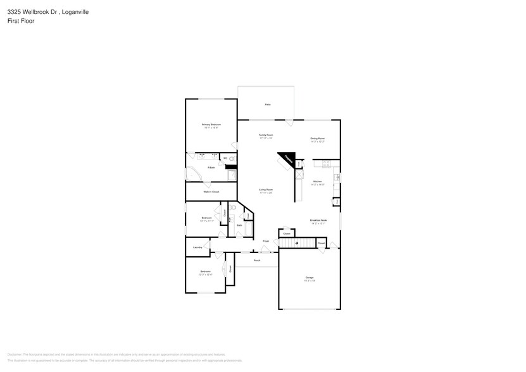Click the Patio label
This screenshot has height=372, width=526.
point(268,104)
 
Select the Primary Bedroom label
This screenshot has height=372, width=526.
point(211,125)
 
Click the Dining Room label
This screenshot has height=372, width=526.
point(317,139)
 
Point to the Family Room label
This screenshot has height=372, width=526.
point(266,135)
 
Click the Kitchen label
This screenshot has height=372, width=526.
point(318,182)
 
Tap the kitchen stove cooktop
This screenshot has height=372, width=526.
point(326,164)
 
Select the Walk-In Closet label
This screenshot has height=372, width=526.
point(211,192)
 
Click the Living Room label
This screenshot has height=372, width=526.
point(265,190)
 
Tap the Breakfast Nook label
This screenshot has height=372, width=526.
point(318,221)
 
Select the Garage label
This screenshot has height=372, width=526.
point(310,278)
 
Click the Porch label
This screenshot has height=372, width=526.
point(257,260)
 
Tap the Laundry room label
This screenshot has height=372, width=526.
point(197,247)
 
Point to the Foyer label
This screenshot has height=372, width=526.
point(266,241)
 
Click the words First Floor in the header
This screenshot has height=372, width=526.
point(20,21)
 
